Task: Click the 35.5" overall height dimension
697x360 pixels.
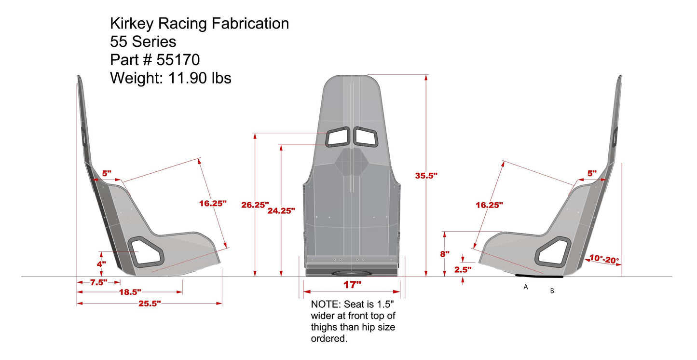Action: [426, 176]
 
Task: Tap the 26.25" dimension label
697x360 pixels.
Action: [255, 205]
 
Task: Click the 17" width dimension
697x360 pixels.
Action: [352, 285]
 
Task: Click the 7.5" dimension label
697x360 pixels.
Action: [98, 283]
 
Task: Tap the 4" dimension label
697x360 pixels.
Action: [101, 264]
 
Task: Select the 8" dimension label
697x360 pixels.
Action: [444, 253]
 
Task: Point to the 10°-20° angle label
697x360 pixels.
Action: [603, 259]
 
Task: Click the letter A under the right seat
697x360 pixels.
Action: [526, 287]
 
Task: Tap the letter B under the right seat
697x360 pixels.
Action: [552, 291]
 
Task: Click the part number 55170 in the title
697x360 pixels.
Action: [178, 59]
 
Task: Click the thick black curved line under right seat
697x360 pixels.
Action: [539, 277]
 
